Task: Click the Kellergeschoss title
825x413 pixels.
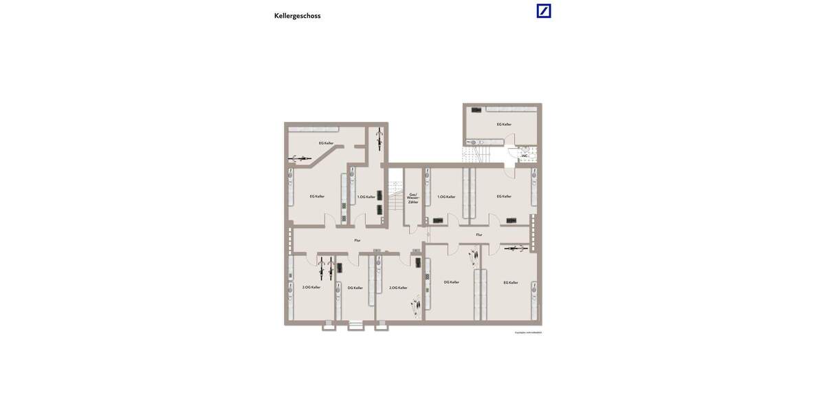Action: point(297,16)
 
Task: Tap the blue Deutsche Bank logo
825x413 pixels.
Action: point(544,11)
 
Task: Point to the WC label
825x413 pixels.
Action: point(525,156)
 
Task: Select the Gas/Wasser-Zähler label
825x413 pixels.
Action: point(413,198)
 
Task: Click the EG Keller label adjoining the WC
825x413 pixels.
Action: point(504,125)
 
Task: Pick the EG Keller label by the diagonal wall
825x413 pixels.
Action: point(326,143)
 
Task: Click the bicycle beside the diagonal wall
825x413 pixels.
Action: point(300,158)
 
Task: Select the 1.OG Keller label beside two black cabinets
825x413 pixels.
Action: point(366,197)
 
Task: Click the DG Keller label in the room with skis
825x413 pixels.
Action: point(451,282)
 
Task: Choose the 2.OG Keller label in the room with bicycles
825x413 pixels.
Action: point(311,287)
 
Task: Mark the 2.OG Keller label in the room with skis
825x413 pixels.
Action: point(398,288)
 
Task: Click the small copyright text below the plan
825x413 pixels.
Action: point(528,332)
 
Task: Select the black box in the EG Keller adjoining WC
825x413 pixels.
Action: point(476,110)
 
